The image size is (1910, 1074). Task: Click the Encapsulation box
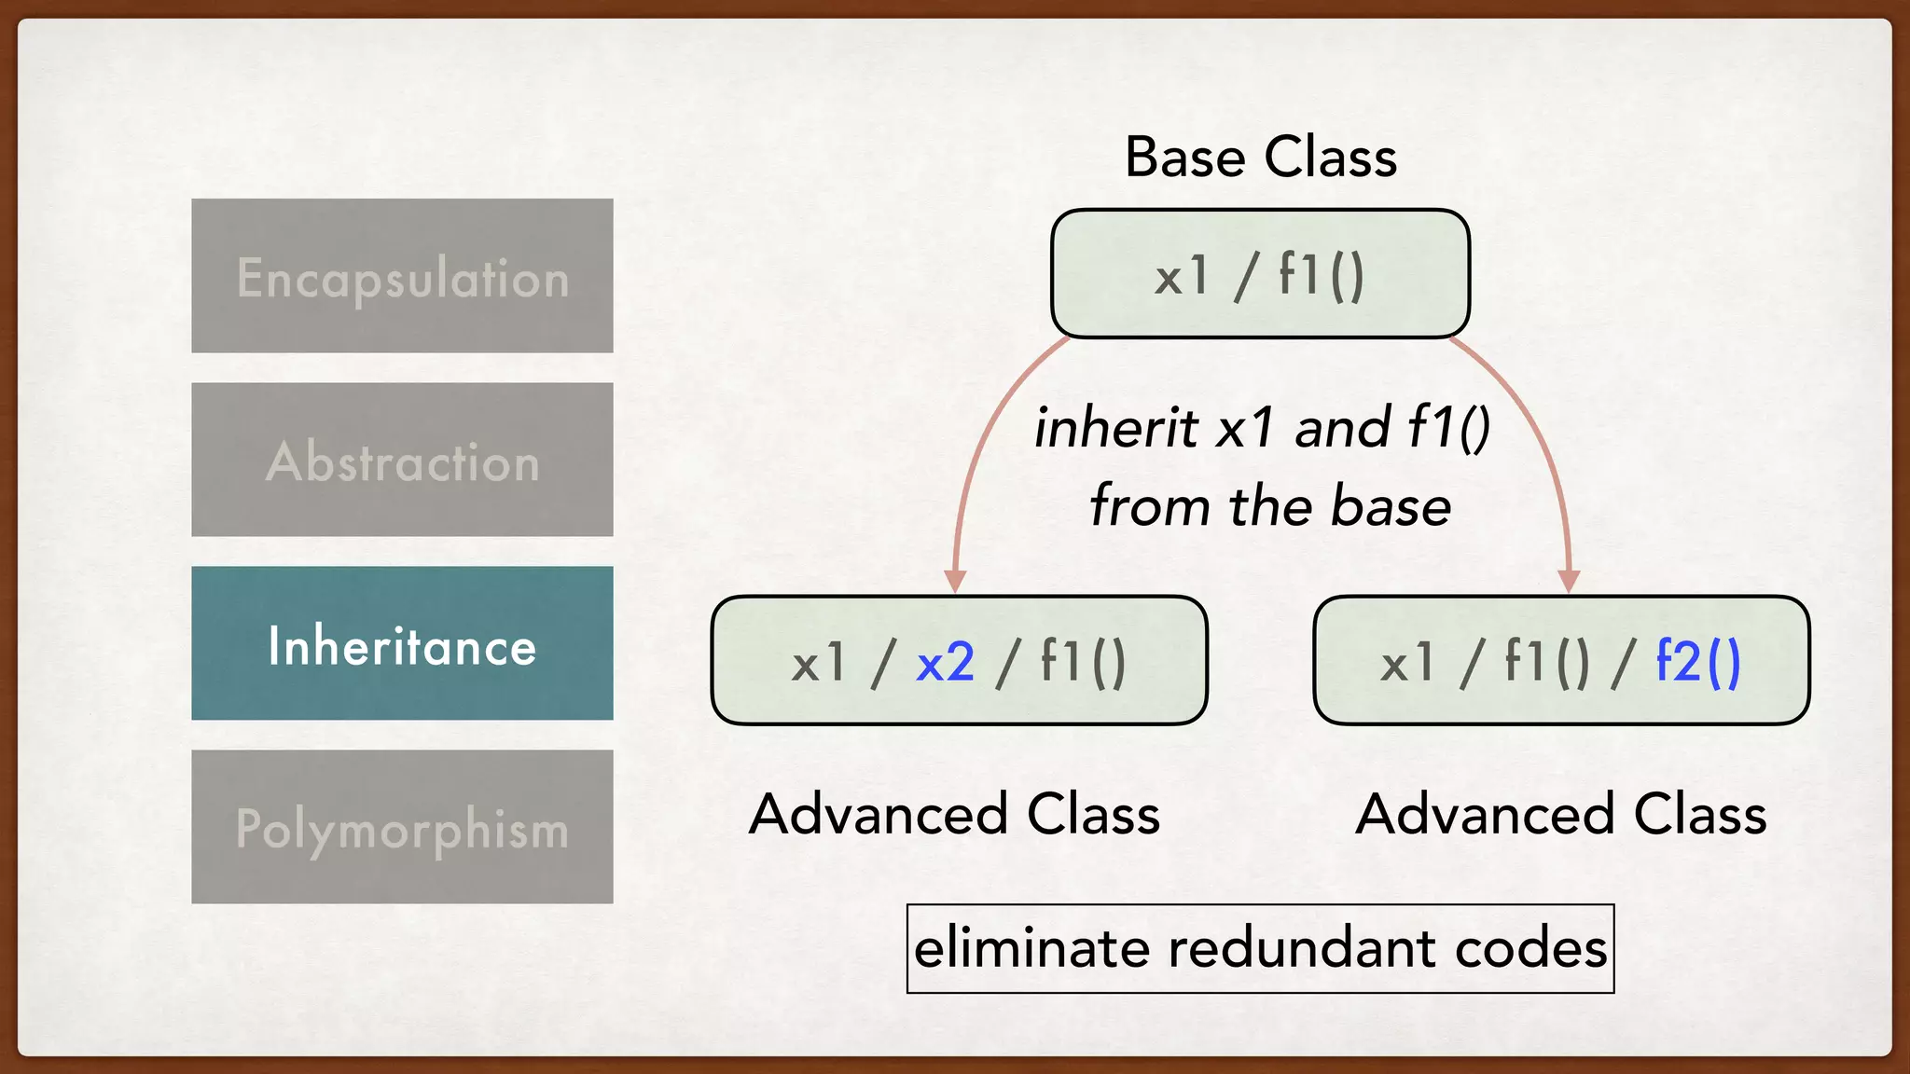pyautogui.click(x=402, y=276)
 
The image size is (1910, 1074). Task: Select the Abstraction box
pyautogui.click(x=402, y=460)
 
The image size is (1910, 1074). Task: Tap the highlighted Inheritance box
pyautogui.click(x=402, y=643)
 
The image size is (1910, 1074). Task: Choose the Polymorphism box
pyautogui.click(x=402, y=827)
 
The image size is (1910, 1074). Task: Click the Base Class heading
pyautogui.click(x=1260, y=157)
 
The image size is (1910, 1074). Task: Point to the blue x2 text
pyautogui.click(x=945, y=663)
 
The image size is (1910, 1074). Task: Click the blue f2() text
pyautogui.click(x=1697, y=663)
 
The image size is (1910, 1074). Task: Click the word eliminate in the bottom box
pyautogui.click(x=1031, y=948)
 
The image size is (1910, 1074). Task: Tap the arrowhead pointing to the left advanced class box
pyautogui.click(x=954, y=580)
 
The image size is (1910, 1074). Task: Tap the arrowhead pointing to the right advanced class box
pyautogui.click(x=1569, y=580)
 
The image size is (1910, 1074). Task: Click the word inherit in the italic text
pyautogui.click(x=1115, y=428)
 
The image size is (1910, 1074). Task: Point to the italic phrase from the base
pyautogui.click(x=1269, y=506)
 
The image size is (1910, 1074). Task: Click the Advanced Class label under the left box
pyautogui.click(x=954, y=814)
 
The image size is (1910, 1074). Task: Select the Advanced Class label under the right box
pyautogui.click(x=1560, y=814)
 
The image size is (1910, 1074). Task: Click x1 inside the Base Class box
pyautogui.click(x=1182, y=276)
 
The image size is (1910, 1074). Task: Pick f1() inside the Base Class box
pyautogui.click(x=1321, y=276)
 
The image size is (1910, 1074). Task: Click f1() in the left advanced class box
pyautogui.click(x=1083, y=663)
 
